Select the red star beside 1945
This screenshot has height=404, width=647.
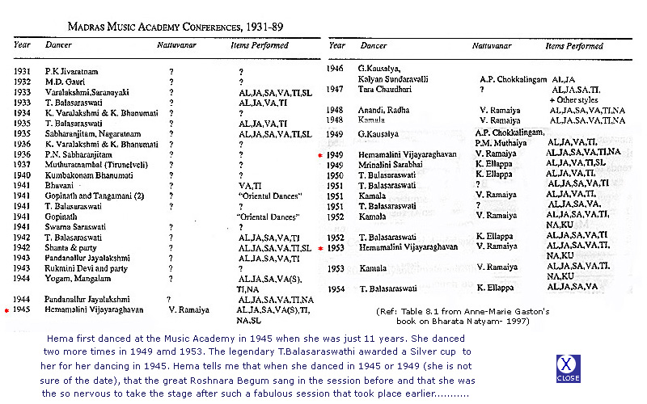7,309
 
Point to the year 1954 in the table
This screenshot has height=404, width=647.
336,288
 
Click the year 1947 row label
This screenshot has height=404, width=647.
336,90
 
